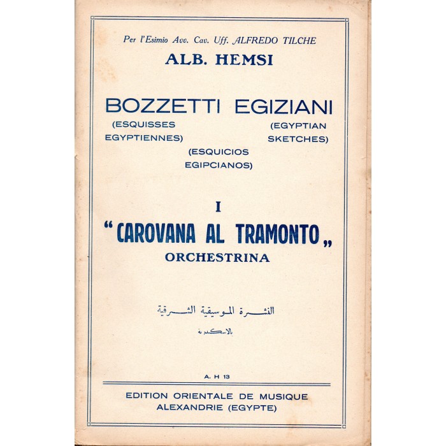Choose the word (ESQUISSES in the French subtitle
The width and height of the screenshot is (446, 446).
click(x=137, y=124)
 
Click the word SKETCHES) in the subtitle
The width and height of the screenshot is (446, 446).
click(x=298, y=138)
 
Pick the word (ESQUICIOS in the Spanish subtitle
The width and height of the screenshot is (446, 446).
click(x=217, y=153)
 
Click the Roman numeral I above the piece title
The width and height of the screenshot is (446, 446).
click(x=218, y=206)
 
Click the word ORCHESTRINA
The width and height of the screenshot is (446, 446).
click(x=217, y=258)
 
